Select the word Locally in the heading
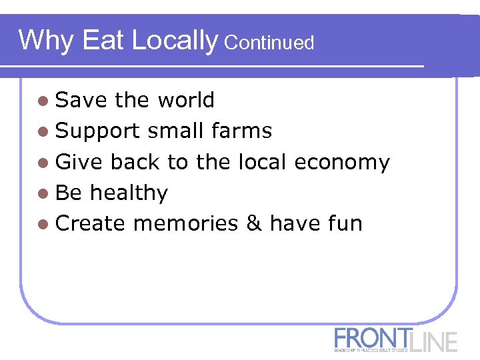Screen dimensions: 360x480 175,41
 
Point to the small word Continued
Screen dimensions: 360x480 269,43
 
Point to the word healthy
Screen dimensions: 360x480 129,193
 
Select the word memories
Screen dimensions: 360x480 185,224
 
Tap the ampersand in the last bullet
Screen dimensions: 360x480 254,224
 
